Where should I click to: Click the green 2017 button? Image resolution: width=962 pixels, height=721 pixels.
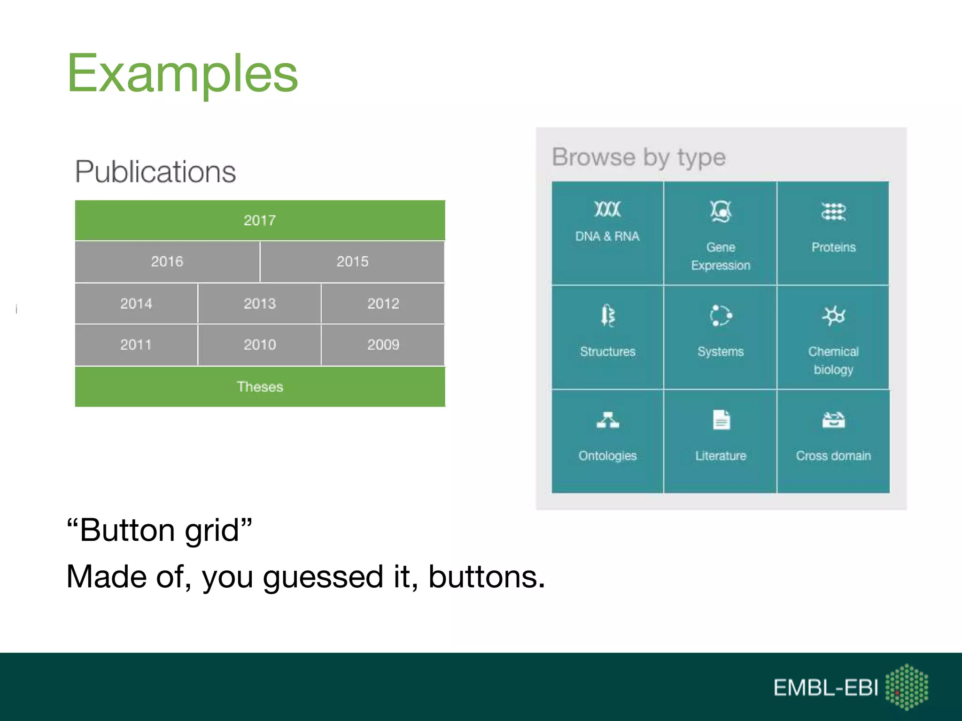coord(260,220)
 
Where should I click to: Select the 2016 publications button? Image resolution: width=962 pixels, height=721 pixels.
coord(167,261)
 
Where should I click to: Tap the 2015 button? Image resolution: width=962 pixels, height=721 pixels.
coord(352,261)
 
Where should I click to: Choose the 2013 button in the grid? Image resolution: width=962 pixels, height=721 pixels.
coord(260,303)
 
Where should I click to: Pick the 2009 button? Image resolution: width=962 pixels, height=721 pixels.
coord(383,345)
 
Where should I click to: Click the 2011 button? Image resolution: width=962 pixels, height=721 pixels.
coord(136,345)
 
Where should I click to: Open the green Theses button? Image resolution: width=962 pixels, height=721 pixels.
coord(260,386)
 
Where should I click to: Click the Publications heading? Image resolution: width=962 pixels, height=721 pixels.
coord(155,172)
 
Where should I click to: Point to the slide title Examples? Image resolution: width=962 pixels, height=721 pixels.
coord(182,73)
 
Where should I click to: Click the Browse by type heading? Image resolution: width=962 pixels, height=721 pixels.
coord(638,157)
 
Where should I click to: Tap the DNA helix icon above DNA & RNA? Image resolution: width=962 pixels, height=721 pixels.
coord(607,209)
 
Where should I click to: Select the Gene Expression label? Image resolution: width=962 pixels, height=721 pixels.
coord(721,256)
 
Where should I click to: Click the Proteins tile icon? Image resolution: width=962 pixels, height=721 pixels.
coord(833,212)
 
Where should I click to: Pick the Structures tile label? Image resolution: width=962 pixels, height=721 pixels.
coord(607,352)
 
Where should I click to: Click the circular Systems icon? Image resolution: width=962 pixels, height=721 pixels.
coord(721,315)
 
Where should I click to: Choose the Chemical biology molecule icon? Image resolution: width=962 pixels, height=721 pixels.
coord(833,316)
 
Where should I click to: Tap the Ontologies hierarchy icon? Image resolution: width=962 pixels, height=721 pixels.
coord(607,420)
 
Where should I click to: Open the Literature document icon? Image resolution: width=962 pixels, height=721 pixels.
coord(721,420)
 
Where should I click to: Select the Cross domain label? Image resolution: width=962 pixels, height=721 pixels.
coord(833,456)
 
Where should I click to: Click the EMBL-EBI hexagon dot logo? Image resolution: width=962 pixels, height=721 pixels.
coord(907,687)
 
